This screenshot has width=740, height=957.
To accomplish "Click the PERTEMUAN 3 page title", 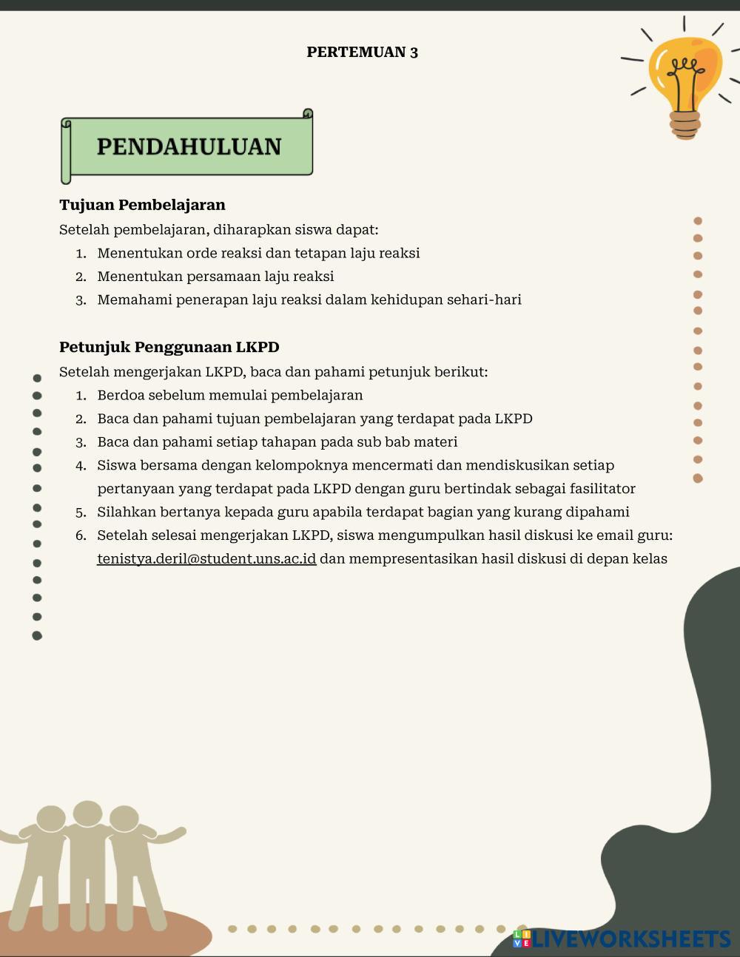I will coord(363,52).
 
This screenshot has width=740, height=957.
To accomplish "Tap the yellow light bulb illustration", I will coord(685,74).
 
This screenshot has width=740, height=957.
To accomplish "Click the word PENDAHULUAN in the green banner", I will coord(189,146).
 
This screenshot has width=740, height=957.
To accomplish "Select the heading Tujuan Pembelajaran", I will coord(142,205).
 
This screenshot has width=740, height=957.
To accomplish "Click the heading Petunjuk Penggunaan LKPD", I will coord(169,347).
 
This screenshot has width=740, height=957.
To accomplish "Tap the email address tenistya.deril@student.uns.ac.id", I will coord(206,558).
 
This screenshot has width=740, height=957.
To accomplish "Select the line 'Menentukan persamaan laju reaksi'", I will coord(215,277).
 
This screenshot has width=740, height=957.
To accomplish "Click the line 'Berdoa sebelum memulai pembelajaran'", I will coord(230,395).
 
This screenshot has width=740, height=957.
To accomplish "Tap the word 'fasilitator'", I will coord(602,489).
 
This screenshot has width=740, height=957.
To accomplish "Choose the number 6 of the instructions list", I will coord(81,535).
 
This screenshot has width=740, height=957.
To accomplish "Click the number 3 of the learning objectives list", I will coord(81,300).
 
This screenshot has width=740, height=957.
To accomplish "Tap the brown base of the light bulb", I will coord(684,124).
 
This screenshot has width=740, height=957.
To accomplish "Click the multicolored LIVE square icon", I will coord(522,939).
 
